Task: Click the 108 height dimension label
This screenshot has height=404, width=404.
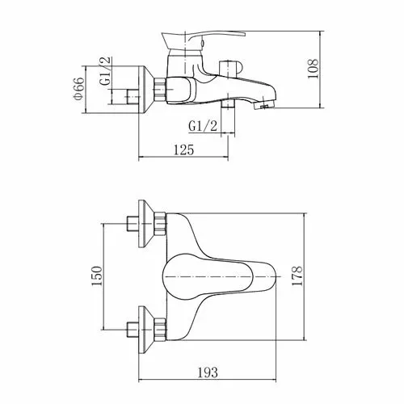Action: pos(313,69)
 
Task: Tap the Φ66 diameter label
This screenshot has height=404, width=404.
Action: pos(78,89)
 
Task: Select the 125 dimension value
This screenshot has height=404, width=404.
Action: pos(183,149)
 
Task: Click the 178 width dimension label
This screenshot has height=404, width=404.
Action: pos(297,276)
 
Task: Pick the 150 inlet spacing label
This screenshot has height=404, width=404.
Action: pos(97,276)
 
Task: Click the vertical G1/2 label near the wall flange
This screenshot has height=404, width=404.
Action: pos(105,71)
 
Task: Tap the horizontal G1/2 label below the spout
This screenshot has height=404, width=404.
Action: pos(203,126)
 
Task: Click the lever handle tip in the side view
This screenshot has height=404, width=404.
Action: pos(244,34)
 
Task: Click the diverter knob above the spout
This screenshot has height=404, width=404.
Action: pos(229,69)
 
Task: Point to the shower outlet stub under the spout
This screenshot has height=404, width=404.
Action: pos(228,104)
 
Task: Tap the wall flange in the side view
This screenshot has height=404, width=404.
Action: pos(145,90)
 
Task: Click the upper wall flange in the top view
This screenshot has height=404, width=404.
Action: pos(145,224)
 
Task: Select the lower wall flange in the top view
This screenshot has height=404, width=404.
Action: pos(145,330)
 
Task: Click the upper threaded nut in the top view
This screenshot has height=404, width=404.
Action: pos(160,224)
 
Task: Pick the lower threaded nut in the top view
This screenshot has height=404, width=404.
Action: pos(160,330)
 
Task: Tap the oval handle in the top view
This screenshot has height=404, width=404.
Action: pos(208,276)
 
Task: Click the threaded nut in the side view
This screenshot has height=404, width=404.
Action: pos(160,90)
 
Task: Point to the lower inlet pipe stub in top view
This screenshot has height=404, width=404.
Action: pos(133,330)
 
